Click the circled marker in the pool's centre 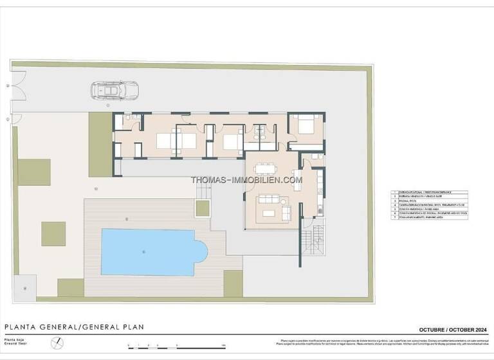(x=144, y=251)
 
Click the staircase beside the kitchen (x=313, y=242)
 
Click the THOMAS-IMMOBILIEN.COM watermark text (x=246, y=180)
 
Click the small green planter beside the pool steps (x=203, y=208)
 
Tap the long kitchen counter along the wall (x=318, y=193)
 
